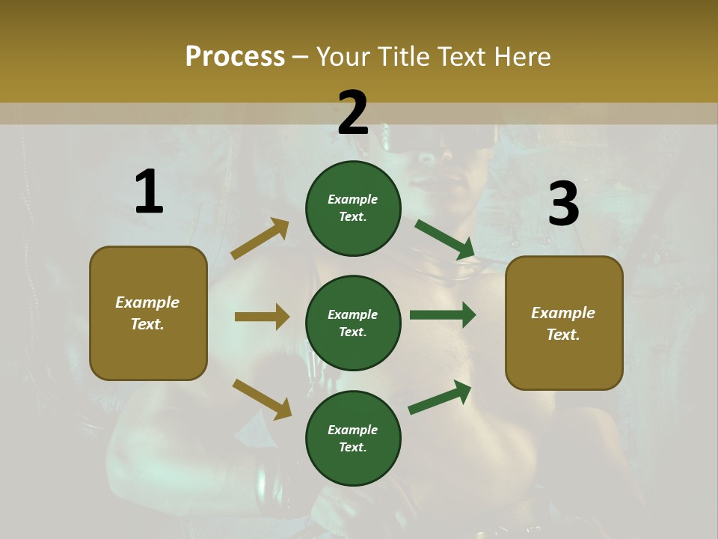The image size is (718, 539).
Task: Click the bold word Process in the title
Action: point(235,56)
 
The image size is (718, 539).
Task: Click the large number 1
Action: point(149,192)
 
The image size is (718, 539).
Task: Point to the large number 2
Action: point(353,113)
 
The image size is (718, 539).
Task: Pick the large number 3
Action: point(563,204)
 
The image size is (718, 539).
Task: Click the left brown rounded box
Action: point(148,313)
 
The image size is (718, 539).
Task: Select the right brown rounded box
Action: point(564,323)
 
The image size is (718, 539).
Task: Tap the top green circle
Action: point(353,208)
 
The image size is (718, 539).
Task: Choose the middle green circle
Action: point(353,323)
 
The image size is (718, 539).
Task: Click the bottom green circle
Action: point(353,438)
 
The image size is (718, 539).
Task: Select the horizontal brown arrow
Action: point(262,317)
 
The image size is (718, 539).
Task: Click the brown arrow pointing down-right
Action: point(262,399)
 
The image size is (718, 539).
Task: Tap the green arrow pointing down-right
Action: point(444,240)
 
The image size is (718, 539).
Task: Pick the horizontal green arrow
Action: point(443,314)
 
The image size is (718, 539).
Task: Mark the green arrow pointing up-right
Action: point(440,397)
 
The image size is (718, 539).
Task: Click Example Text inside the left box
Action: point(147,313)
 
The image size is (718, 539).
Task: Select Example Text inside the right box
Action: point(563,323)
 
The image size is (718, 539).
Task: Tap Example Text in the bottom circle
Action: point(353,439)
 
